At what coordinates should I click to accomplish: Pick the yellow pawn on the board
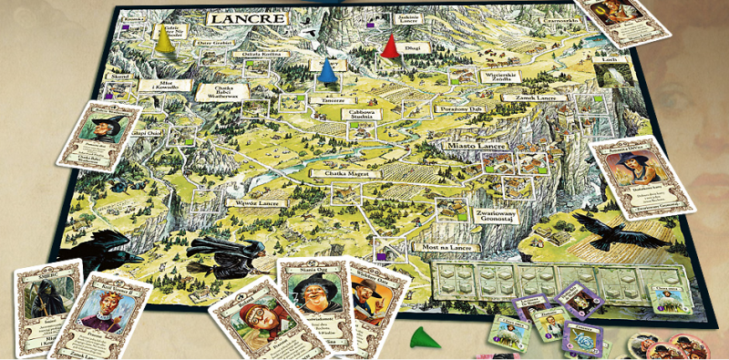pyautogui.click(x=165, y=40)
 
